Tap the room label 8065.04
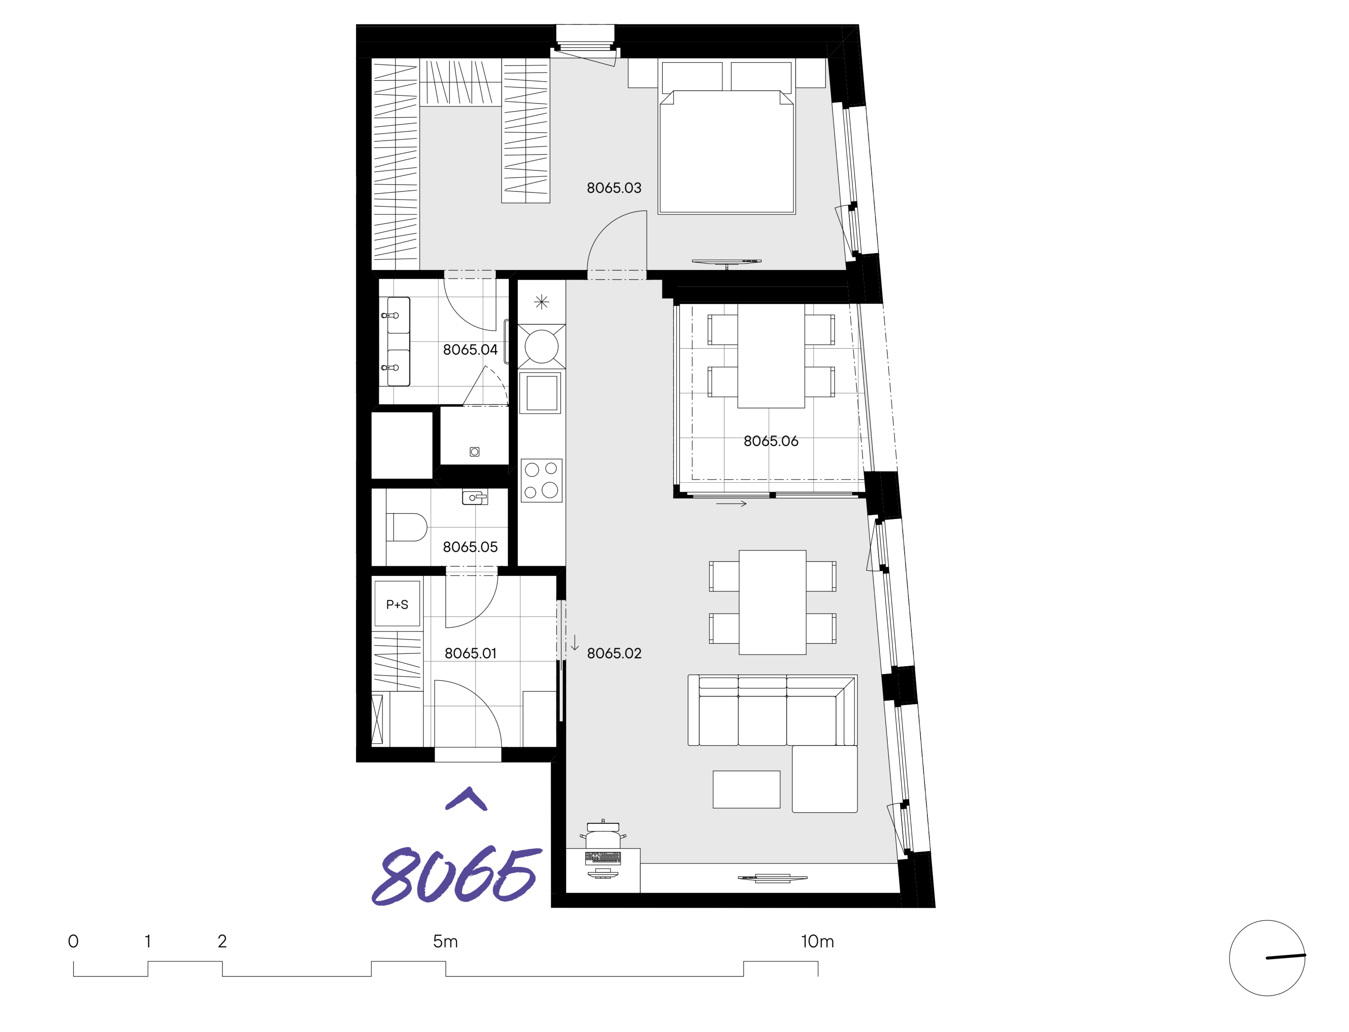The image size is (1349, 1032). coord(470,350)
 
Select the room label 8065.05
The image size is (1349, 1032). coord(470,547)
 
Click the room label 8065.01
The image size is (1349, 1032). coord(470,653)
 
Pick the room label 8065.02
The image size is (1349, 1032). coord(614,653)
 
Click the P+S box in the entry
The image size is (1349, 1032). coord(397,604)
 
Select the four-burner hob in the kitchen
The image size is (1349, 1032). coord(541,480)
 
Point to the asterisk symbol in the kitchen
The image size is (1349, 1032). coord(541,302)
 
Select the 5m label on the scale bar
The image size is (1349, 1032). coord(445,941)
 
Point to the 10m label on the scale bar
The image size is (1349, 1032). coord(817,941)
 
